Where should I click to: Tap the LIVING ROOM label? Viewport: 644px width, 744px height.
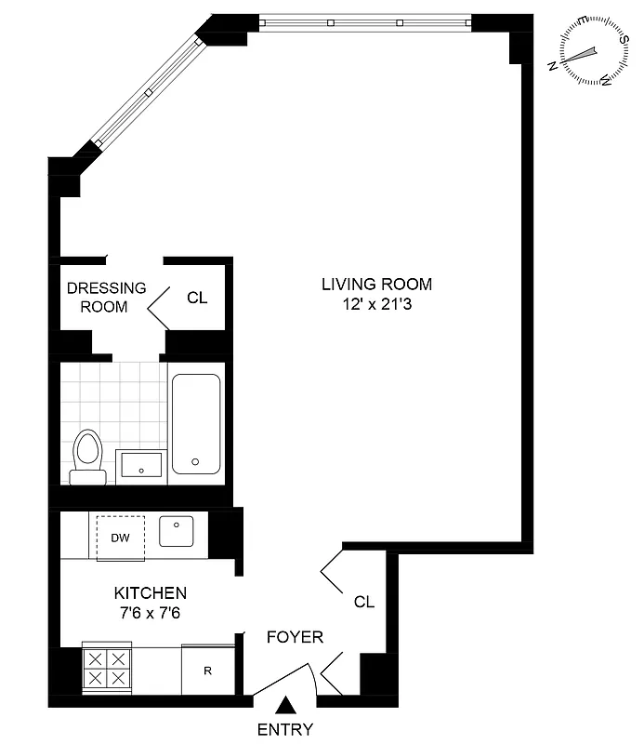(377, 285)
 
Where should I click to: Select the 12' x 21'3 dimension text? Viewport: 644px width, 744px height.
(377, 304)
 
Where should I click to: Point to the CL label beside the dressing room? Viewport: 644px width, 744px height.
(197, 299)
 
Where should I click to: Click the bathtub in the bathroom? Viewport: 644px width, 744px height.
(195, 423)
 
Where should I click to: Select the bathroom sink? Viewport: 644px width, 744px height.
(141, 463)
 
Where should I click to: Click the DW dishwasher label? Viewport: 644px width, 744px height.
(120, 538)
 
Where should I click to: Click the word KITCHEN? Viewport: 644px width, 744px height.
(151, 592)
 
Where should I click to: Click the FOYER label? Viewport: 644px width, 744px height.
(295, 637)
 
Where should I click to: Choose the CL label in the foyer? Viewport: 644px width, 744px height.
(364, 602)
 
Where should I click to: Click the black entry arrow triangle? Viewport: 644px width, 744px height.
(287, 706)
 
